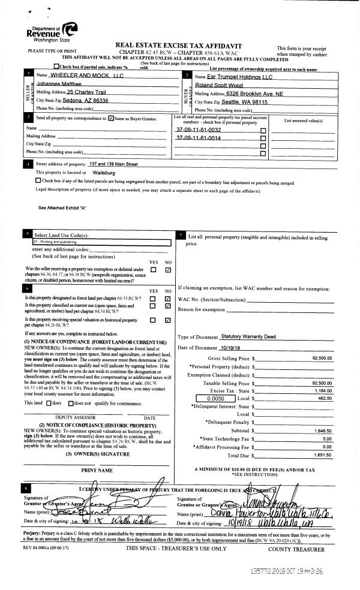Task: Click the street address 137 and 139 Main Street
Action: pos(113,164)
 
